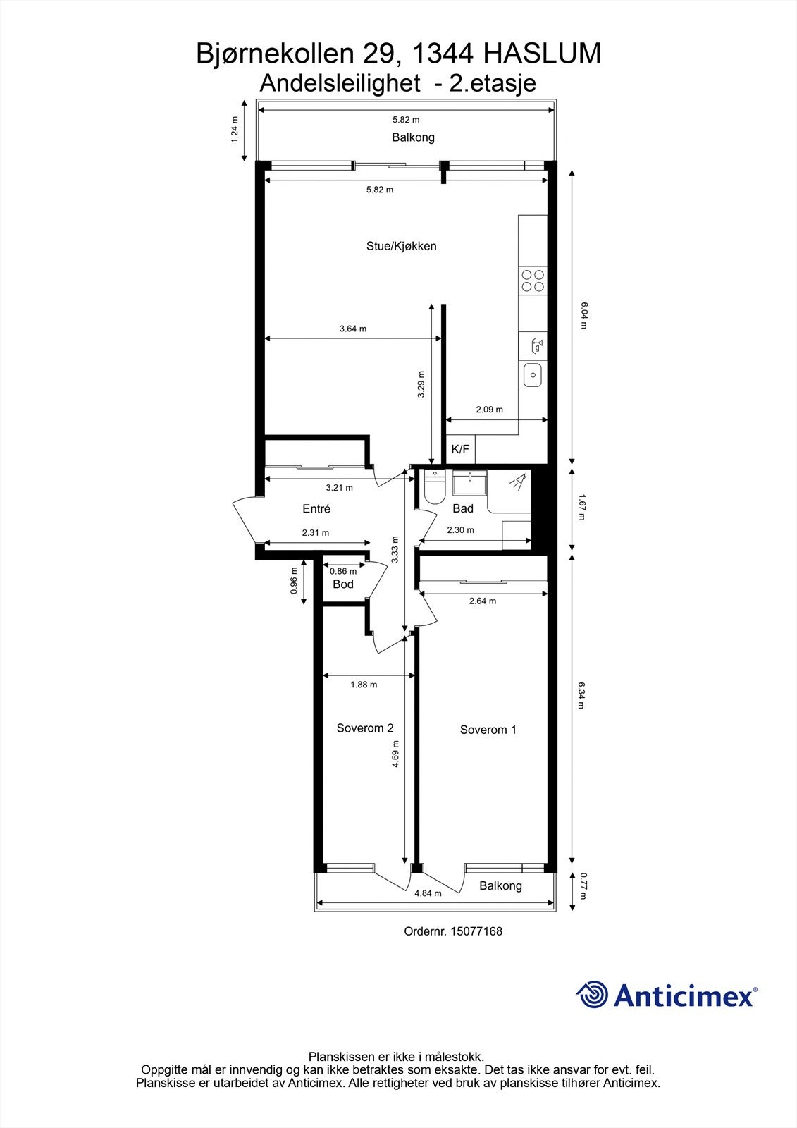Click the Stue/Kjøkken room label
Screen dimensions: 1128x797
tap(401, 246)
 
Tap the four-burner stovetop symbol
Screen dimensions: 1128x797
tap(532, 281)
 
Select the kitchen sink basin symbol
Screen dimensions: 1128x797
tap(533, 374)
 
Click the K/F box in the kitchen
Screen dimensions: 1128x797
tap(460, 449)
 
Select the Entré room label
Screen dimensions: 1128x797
tap(316, 508)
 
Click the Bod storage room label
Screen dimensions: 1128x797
tap(343, 584)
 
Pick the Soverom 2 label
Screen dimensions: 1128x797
tap(364, 728)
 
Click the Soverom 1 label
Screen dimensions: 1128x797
tap(488, 730)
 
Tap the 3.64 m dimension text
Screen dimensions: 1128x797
tap(352, 329)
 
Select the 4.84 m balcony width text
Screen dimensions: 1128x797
tap(428, 893)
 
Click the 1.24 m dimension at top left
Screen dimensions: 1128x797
tap(235, 130)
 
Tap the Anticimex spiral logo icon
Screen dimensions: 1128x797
tap(592, 995)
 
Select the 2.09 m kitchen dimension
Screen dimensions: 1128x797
tap(489, 410)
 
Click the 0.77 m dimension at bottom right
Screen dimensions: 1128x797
tap(582, 886)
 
